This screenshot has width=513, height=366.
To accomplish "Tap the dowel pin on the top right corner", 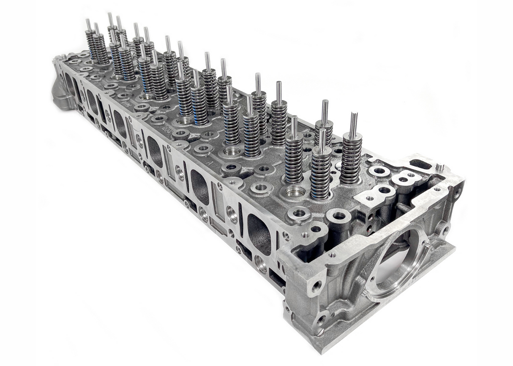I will coord(439,167).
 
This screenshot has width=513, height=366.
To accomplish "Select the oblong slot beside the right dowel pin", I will coord(420,164).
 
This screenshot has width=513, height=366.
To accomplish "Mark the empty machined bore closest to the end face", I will coord(294,192).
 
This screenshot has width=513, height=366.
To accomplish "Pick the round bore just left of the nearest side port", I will coord(232,214).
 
